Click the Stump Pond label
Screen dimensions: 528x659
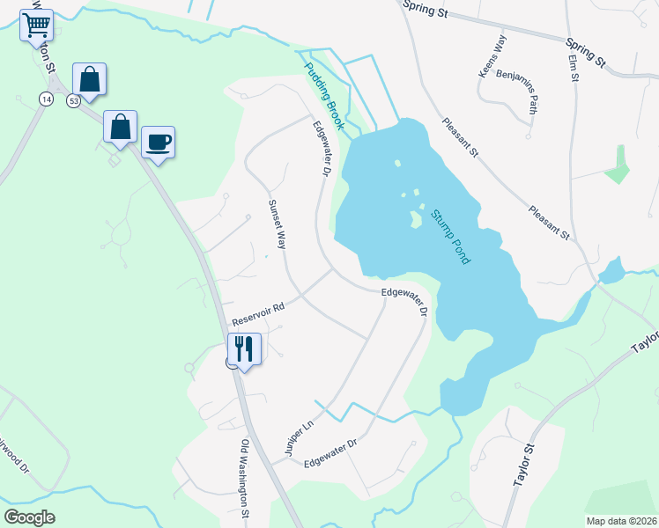tap(450, 237)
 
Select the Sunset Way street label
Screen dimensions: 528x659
tap(277, 224)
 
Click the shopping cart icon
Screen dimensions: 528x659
tap(36, 26)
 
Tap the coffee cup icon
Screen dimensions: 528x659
tap(158, 142)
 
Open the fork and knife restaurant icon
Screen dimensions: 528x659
tap(245, 348)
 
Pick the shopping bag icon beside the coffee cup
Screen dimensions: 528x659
tap(121, 127)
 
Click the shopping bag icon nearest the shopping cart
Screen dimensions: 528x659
tap(89, 79)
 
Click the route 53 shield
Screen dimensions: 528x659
tap(73, 102)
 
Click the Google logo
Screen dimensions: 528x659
tap(30, 517)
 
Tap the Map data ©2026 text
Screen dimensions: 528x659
tap(620, 521)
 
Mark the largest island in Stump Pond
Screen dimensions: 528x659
tap(414, 218)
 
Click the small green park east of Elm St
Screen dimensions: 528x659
tap(619, 166)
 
